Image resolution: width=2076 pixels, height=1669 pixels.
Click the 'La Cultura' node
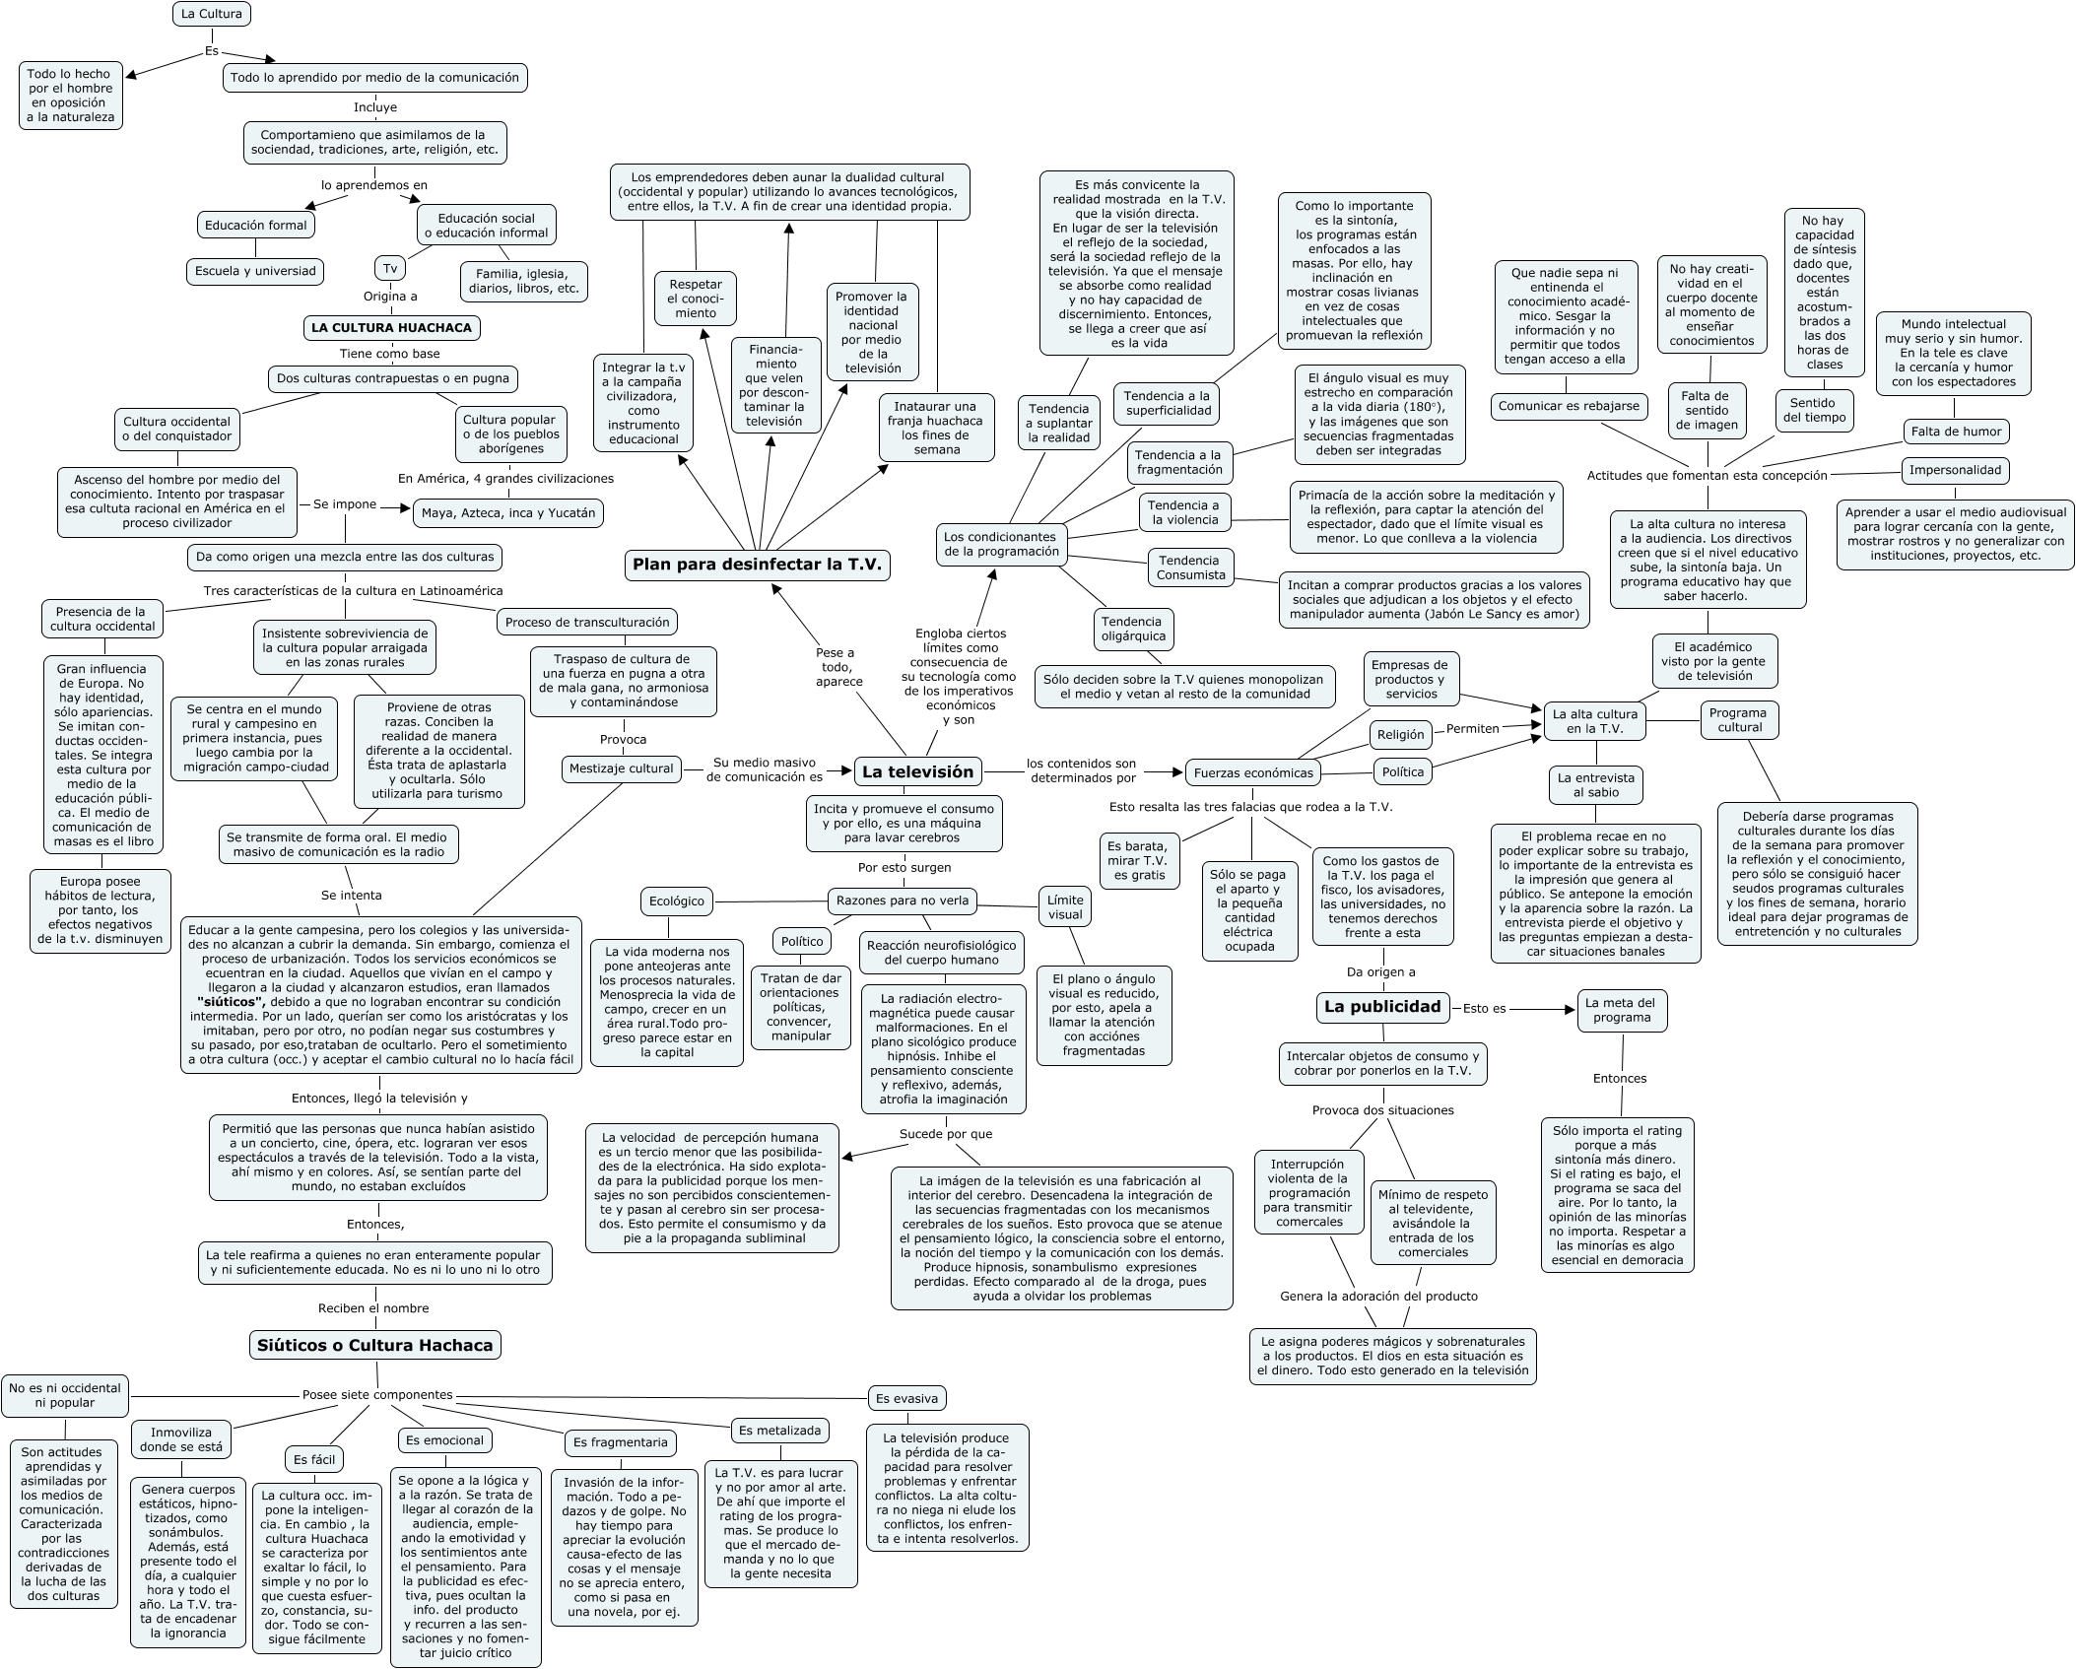point(211,14)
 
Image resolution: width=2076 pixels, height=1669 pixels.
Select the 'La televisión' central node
point(917,771)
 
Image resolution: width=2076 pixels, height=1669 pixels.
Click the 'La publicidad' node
point(1382,1006)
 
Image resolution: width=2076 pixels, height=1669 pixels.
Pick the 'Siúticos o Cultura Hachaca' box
point(374,1345)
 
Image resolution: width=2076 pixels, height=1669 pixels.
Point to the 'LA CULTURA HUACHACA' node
point(391,327)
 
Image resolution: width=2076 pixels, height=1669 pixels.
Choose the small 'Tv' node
point(390,268)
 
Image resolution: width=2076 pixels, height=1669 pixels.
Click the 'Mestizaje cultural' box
point(621,768)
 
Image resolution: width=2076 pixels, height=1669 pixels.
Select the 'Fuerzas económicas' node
point(1253,772)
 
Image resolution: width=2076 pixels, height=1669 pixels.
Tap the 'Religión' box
point(1400,734)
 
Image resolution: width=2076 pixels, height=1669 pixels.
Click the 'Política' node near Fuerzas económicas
point(1402,771)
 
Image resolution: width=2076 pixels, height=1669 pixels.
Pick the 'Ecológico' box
point(677,901)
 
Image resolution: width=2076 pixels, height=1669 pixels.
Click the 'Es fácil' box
point(314,1459)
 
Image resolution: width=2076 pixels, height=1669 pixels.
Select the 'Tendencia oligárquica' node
point(1132,629)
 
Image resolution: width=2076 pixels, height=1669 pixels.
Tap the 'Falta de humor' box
point(1956,431)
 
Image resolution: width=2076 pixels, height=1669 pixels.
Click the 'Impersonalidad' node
point(1955,470)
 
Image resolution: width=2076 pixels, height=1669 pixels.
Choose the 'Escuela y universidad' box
point(255,271)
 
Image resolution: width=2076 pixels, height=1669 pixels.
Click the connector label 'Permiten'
point(1472,728)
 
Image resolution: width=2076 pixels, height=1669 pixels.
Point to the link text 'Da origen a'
point(1380,971)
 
